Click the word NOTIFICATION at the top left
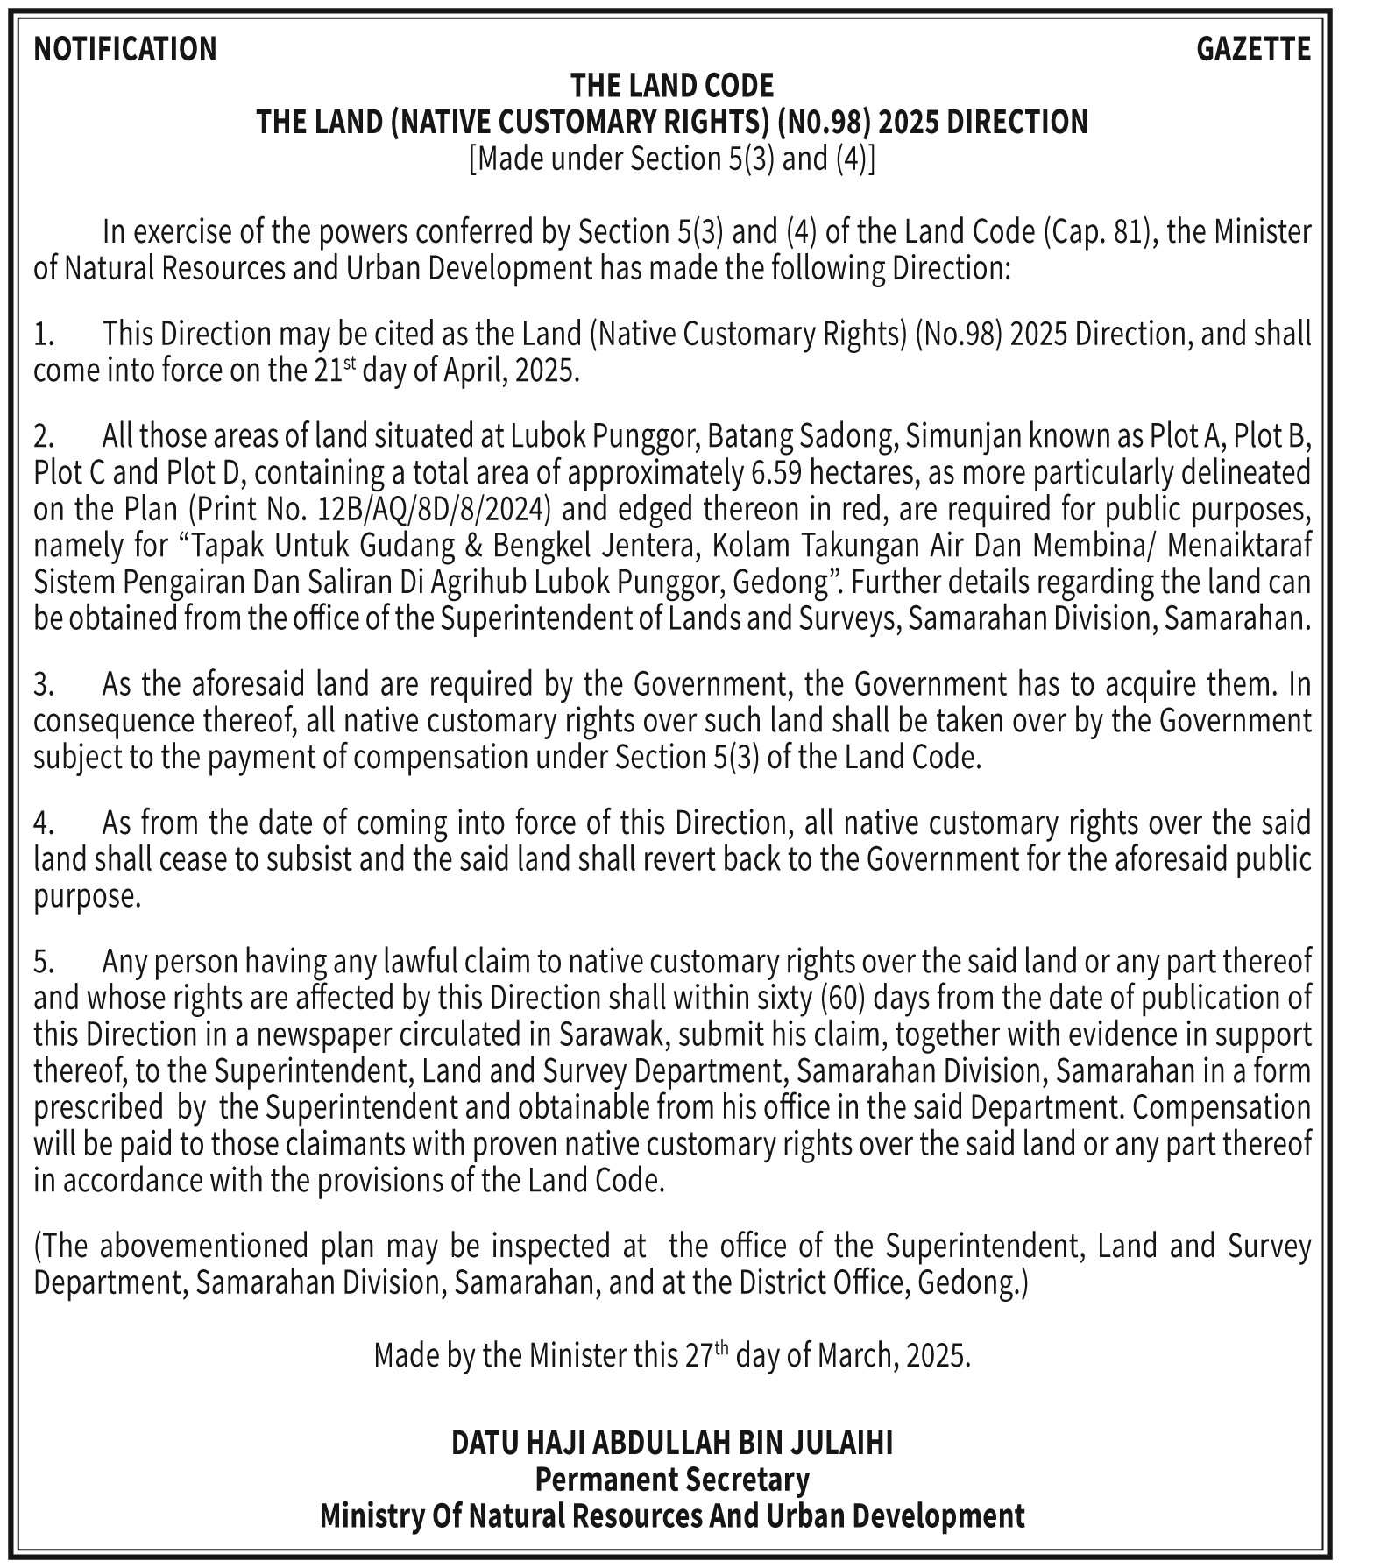coord(124,49)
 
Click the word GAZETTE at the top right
coord(1253,49)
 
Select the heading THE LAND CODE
coord(672,86)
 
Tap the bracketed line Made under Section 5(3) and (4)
coord(672,159)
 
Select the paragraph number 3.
coord(43,684)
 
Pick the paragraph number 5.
coord(43,962)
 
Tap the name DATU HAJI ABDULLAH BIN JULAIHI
coord(672,1442)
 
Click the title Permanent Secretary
coord(672,1479)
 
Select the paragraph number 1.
coord(43,335)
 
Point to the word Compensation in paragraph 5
coord(1222,1108)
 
